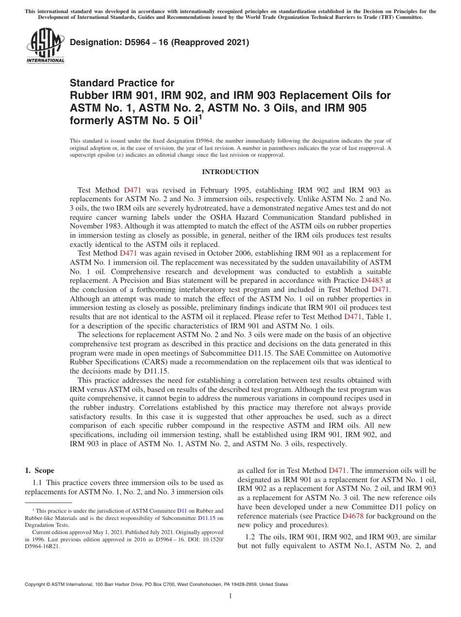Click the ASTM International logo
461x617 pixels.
pyautogui.click(x=45, y=47)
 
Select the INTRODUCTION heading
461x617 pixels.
pyautogui.click(x=230, y=172)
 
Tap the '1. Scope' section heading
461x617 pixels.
pyautogui.click(x=40, y=471)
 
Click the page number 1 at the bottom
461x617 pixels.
pyautogui.click(x=230, y=596)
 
